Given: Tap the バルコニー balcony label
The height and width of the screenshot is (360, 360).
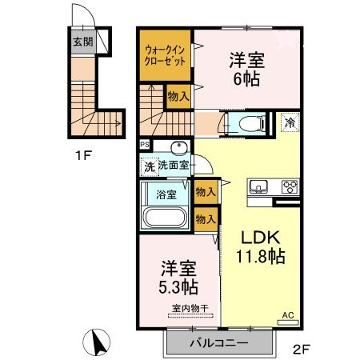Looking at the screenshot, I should click(x=218, y=343).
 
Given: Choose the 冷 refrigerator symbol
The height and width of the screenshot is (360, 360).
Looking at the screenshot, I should click(x=290, y=124).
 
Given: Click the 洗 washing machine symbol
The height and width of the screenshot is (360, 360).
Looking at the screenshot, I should click(x=148, y=166).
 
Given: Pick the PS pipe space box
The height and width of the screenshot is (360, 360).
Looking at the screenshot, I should click(x=144, y=145).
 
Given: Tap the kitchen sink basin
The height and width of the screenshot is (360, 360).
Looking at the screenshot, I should click(x=259, y=189).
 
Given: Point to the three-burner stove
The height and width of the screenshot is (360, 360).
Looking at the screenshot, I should click(x=288, y=189).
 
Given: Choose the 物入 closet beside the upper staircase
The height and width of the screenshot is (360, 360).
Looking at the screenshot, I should click(x=178, y=97).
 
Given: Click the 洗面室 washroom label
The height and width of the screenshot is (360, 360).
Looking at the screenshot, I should click(x=173, y=166).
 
